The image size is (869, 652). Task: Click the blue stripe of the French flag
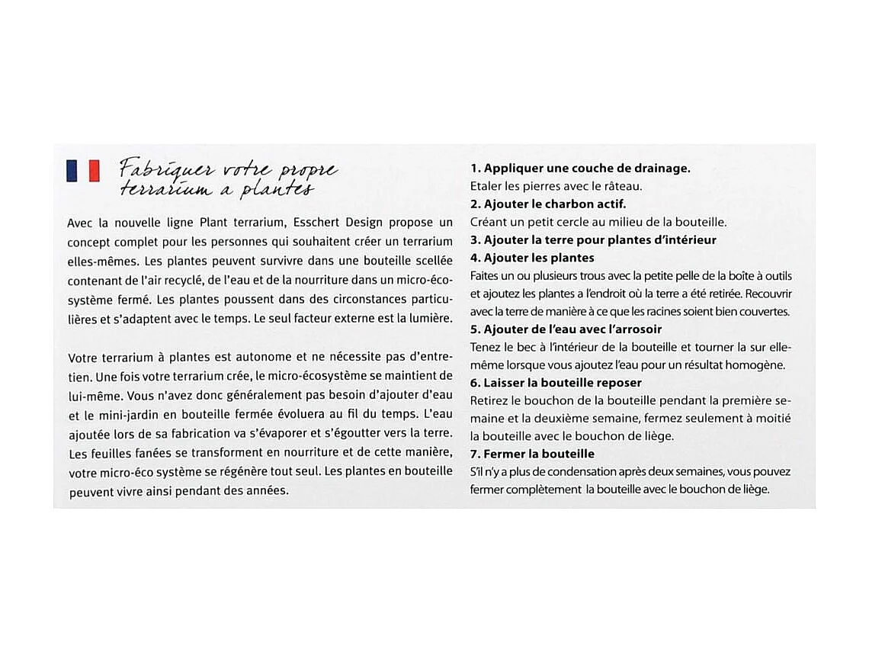[x=72, y=171]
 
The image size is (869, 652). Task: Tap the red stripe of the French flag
[x=95, y=171]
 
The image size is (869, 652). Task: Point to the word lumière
[x=426, y=317]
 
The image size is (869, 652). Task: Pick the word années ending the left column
[x=267, y=490]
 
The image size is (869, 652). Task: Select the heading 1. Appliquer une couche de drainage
[x=580, y=168]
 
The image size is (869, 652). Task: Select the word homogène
[x=755, y=365]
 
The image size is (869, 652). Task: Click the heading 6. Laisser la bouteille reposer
[x=556, y=382]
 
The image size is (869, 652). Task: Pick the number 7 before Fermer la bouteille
[x=474, y=454]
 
